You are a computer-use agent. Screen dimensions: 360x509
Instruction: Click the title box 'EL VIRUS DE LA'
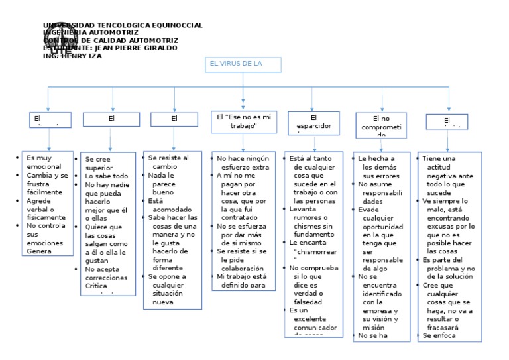click(x=243, y=65)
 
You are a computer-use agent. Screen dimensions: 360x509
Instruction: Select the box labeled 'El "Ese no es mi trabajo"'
click(x=243, y=121)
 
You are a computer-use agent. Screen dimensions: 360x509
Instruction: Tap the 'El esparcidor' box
click(x=313, y=122)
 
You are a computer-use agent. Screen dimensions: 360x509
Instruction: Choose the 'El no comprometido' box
click(x=381, y=125)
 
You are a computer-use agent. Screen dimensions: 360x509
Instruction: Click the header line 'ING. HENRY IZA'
click(x=72, y=56)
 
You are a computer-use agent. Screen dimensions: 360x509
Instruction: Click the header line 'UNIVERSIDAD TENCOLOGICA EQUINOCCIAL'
click(x=123, y=25)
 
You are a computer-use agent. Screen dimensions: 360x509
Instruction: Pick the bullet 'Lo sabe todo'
click(x=106, y=176)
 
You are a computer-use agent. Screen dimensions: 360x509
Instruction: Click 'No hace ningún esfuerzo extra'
click(x=243, y=162)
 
